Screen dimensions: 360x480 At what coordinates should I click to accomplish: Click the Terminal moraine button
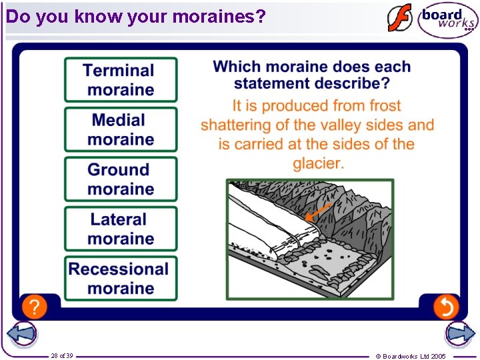click(121, 80)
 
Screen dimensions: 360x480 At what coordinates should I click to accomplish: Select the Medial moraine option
click(121, 129)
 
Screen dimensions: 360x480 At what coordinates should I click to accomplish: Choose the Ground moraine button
click(121, 179)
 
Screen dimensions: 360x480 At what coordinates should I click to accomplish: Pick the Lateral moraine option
click(121, 229)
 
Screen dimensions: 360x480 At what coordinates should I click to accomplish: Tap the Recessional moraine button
click(121, 279)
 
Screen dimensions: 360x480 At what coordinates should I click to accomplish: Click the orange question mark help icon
click(35, 307)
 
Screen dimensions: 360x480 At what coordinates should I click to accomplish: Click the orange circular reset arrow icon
click(445, 307)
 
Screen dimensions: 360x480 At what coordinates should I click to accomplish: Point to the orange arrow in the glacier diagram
click(319, 211)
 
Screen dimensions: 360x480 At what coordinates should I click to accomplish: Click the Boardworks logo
click(447, 19)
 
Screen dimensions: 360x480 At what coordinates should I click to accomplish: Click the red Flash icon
click(400, 19)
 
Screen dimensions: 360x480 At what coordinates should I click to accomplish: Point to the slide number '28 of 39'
click(62, 356)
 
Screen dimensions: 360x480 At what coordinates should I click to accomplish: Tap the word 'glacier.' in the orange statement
click(318, 163)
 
